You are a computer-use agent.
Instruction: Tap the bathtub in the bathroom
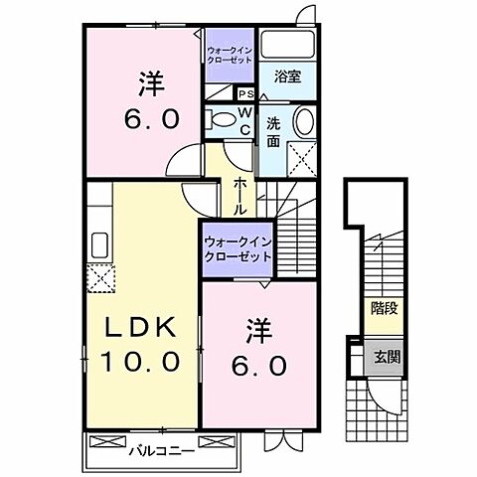(293, 45)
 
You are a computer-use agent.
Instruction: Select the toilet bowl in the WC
(222, 118)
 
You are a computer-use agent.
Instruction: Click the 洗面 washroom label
(273, 133)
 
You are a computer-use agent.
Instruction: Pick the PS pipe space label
(243, 95)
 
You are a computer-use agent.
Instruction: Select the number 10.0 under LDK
(141, 361)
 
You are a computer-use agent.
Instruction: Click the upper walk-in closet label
(232, 54)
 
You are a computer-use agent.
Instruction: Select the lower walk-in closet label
(238, 247)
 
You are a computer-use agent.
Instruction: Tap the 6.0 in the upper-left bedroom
(151, 117)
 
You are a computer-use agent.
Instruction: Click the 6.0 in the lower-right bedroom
(260, 365)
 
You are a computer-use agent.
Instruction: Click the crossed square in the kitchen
(99, 277)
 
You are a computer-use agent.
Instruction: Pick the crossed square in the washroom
(302, 157)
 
